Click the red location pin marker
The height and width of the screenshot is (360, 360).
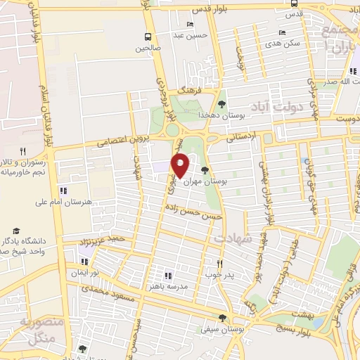coord(181,165)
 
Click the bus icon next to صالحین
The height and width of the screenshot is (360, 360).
coord(148,37)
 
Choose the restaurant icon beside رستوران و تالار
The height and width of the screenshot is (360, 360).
coord(22,151)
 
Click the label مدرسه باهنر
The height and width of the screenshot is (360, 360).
coord(186,285)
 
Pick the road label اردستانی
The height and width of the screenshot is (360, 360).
coord(241,139)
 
